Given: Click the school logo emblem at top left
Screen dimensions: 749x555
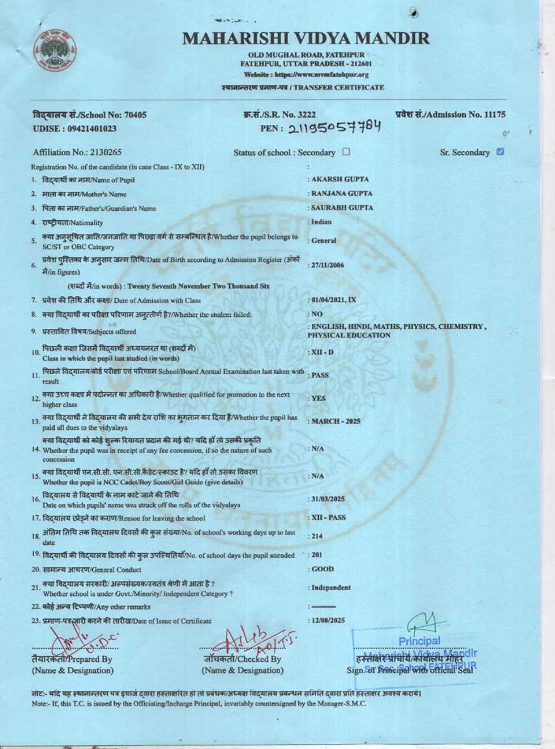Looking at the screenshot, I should (54, 49).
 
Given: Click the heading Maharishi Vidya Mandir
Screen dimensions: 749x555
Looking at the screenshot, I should (306, 38).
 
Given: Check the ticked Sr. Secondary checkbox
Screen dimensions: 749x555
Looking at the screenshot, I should (501, 151).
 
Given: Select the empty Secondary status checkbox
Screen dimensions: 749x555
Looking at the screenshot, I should (346, 151).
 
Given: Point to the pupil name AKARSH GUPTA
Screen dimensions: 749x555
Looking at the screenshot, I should (340, 179).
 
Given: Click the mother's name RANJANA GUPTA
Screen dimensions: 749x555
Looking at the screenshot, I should (342, 194).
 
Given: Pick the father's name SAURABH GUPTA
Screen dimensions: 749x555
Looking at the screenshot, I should (342, 208).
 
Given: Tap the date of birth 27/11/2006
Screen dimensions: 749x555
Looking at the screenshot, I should (327, 265).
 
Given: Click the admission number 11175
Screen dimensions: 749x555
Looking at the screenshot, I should (495, 115).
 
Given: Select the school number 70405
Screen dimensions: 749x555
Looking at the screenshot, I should (135, 115).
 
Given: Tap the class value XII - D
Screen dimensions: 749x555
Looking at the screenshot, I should (322, 352).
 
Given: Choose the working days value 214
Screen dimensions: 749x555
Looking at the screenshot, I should (317, 536).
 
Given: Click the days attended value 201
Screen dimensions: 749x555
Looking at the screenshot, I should (317, 555).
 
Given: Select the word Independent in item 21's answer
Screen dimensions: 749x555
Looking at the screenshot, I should (331, 588).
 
